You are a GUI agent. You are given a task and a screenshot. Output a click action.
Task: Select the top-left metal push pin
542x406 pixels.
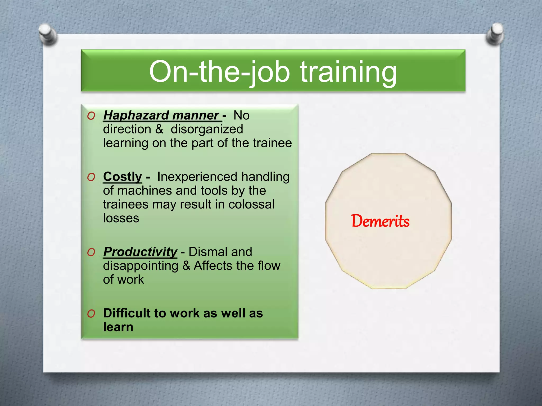[x=48, y=34]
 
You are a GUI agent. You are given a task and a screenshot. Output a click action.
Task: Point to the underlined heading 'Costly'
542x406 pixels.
[x=123, y=177]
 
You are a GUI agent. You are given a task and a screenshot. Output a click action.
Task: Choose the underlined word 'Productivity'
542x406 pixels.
[x=140, y=252]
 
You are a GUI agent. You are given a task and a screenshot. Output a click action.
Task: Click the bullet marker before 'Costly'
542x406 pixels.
[x=91, y=177]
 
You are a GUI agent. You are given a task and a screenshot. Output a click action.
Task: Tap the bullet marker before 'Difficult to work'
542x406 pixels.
[x=91, y=314]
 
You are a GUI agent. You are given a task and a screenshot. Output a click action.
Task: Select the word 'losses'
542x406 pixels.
[x=121, y=218]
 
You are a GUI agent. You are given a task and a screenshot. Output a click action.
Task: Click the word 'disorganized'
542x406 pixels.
[x=207, y=129]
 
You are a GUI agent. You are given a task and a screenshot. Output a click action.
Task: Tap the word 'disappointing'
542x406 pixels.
[x=141, y=266]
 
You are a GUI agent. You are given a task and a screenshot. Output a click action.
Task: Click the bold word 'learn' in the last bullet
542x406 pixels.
[x=118, y=327]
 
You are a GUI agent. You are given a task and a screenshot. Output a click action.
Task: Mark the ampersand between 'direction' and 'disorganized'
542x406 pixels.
[x=159, y=129]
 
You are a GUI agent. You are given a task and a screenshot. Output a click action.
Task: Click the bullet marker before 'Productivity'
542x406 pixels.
[x=91, y=252]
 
